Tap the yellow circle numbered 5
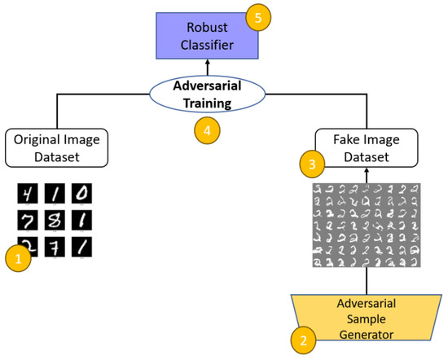(x=260, y=17)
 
